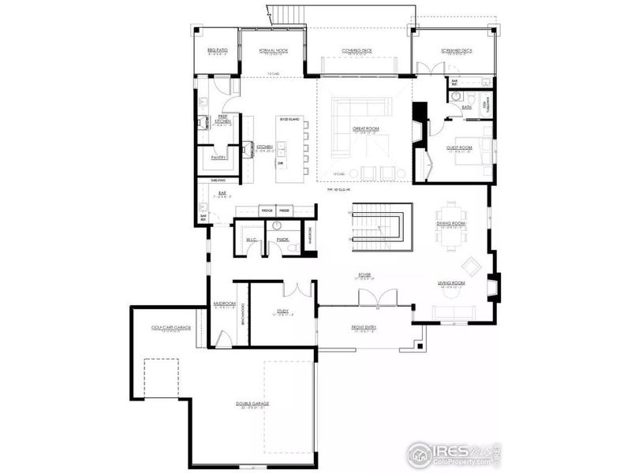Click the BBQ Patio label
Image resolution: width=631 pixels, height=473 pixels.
tap(217, 50)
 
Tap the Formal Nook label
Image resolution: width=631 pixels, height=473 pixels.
tap(272, 50)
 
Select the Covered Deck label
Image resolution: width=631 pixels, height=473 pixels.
tap(357, 50)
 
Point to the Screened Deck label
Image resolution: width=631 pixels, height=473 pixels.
tap(456, 50)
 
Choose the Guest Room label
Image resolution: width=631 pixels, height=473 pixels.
tap(460, 147)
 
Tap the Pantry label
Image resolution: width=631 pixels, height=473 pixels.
tap(218, 157)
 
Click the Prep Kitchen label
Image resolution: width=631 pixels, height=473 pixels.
tap(223, 120)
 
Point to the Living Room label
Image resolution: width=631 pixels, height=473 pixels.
tap(451, 282)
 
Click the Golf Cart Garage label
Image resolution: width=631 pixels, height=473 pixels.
tap(171, 326)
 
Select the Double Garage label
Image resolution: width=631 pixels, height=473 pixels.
tap(252, 404)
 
